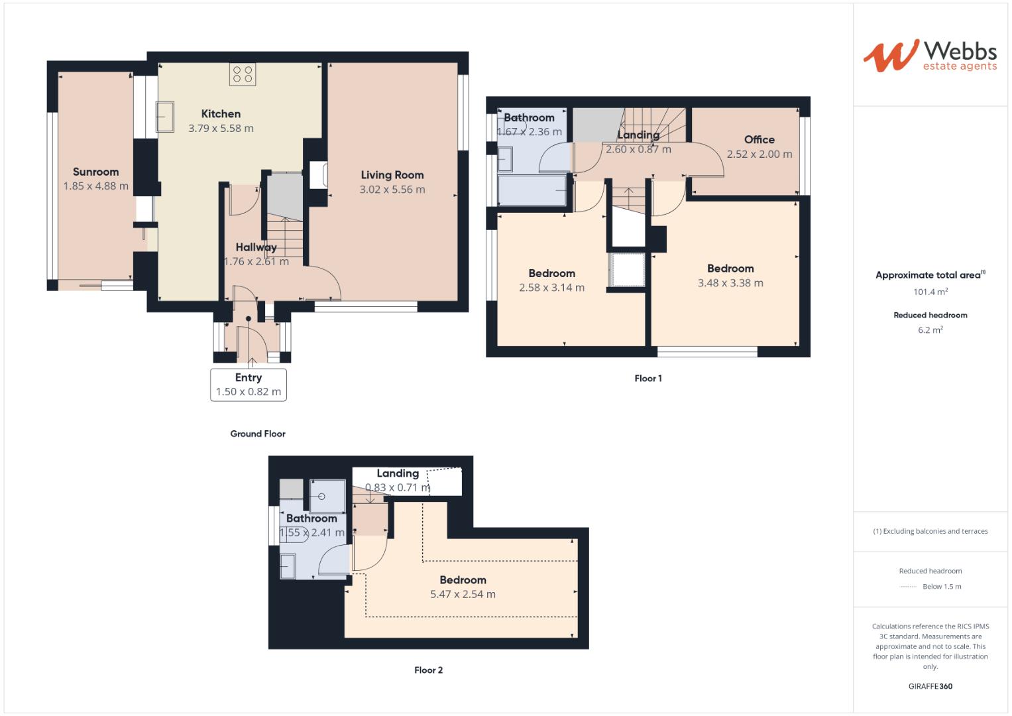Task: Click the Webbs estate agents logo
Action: pos(930,56)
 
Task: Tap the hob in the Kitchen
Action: pos(243,74)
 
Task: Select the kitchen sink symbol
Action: pos(164,117)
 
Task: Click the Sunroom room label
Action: pos(96,172)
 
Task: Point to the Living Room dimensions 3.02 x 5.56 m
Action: pos(392,190)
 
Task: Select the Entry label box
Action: pos(249,385)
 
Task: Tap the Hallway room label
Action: pos(256,247)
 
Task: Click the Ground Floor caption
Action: pos(258,434)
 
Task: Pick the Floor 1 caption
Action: pos(648,379)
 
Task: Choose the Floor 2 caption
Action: pos(428,670)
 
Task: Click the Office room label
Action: pos(759,140)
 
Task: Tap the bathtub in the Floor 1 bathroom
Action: pos(532,191)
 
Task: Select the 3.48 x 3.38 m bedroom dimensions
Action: pos(730,283)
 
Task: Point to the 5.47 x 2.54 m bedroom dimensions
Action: pos(463,595)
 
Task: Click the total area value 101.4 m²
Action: pos(930,292)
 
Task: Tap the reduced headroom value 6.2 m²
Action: pos(930,329)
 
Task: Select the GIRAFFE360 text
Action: pos(930,686)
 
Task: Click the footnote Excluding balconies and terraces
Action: pos(930,531)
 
